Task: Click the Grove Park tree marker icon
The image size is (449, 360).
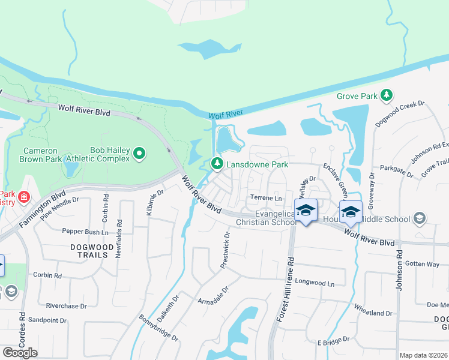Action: pyautogui.click(x=387, y=95)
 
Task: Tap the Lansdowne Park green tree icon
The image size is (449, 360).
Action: pyautogui.click(x=216, y=163)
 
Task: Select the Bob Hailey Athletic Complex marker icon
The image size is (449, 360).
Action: pyautogui.click(x=139, y=154)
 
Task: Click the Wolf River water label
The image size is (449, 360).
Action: pyautogui.click(x=225, y=115)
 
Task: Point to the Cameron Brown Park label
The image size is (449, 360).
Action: pyautogui.click(x=40, y=155)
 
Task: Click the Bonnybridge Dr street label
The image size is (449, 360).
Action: pyautogui.click(x=158, y=328)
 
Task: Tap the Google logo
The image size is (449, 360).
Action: pyautogui.click(x=20, y=353)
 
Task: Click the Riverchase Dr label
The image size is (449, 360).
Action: pyautogui.click(x=66, y=306)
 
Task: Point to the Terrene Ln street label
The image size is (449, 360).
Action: pyautogui.click(x=266, y=198)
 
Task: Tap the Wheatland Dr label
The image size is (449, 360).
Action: pyautogui.click(x=372, y=313)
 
